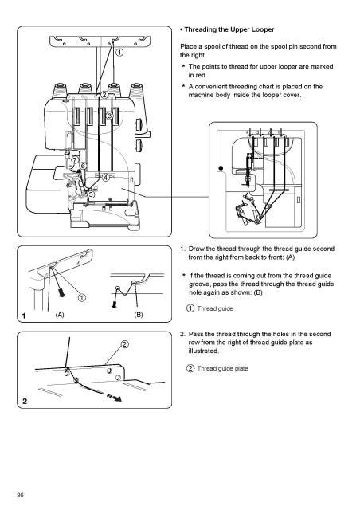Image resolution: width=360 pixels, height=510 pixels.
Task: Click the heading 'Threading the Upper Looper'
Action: (x=229, y=29)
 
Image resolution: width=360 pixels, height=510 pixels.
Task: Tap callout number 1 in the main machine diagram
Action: (x=119, y=52)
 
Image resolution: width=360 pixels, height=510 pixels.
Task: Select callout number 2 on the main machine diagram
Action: (x=104, y=95)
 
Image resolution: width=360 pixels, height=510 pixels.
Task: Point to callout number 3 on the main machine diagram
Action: (x=109, y=116)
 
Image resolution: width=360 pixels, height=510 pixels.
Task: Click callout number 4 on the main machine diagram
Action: (x=106, y=178)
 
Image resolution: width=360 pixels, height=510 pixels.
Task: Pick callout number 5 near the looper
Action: (x=91, y=194)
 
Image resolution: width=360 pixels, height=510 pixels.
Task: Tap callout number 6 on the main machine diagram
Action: (x=84, y=167)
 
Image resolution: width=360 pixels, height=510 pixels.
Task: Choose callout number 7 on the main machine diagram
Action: (x=75, y=159)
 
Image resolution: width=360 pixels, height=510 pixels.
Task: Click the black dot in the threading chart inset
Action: (x=221, y=168)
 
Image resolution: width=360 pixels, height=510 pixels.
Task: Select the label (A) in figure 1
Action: (x=60, y=315)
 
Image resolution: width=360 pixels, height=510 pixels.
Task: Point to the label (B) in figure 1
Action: (x=139, y=315)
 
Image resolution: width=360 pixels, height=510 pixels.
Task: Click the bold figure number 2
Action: (x=25, y=402)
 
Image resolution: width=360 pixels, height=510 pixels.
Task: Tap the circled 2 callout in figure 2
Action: (x=125, y=344)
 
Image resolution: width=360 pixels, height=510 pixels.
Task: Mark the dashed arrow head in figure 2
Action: (x=118, y=398)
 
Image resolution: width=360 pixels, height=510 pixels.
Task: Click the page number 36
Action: (x=20, y=495)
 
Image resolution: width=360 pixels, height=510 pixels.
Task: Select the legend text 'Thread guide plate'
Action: (x=222, y=368)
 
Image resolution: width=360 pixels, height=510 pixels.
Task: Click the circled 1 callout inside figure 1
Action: (x=82, y=297)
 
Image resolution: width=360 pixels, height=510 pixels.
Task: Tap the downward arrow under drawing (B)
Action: (x=114, y=304)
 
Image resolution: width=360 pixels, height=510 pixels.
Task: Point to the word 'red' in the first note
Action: (x=202, y=75)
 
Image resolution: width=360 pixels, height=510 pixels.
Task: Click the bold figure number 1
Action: (x=24, y=316)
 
